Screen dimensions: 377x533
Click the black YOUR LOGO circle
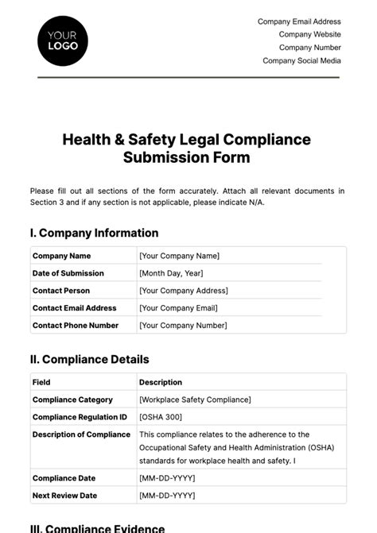(x=63, y=40)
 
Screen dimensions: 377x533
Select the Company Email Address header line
(x=299, y=21)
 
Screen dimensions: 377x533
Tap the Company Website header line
(x=309, y=34)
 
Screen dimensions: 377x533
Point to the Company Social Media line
(x=301, y=60)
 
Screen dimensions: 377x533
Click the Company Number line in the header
(x=309, y=48)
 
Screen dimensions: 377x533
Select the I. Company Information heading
(x=94, y=233)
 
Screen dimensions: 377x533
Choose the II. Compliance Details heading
(x=89, y=359)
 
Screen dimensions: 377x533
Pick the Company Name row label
(x=61, y=256)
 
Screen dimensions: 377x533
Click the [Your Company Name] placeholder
(x=179, y=256)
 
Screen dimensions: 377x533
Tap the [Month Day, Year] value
(x=171, y=273)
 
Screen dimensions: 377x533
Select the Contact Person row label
(x=60, y=291)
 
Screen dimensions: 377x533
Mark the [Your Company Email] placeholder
(x=178, y=308)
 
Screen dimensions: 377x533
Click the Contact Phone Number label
(x=75, y=326)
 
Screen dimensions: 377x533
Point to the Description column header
(x=160, y=382)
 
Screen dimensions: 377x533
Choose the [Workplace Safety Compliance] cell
(x=195, y=400)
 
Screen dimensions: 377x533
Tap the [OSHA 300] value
(x=160, y=417)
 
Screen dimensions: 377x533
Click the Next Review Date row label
(x=64, y=496)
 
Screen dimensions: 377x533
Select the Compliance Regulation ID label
(x=79, y=417)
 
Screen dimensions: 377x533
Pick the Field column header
(x=41, y=382)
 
